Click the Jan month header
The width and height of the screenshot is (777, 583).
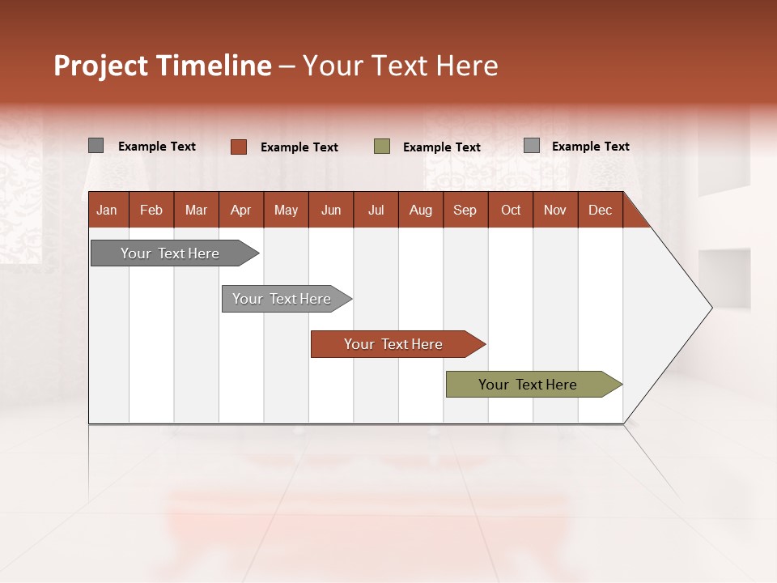[107, 210]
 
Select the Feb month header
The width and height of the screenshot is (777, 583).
[151, 210]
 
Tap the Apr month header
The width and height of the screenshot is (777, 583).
[241, 210]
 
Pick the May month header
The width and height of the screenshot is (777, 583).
[286, 210]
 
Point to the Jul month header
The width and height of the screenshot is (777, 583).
[376, 210]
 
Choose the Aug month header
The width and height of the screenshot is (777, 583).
[421, 210]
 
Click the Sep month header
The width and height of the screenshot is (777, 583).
[465, 210]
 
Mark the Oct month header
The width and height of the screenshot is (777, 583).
[511, 210]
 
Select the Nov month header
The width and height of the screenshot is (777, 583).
[555, 210]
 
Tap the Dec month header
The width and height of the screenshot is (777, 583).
[600, 210]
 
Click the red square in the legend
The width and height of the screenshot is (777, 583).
[239, 147]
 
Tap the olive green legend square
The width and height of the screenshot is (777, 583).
[382, 147]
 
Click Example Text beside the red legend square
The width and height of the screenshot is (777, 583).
[299, 147]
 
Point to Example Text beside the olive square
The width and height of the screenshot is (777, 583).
[442, 147]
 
